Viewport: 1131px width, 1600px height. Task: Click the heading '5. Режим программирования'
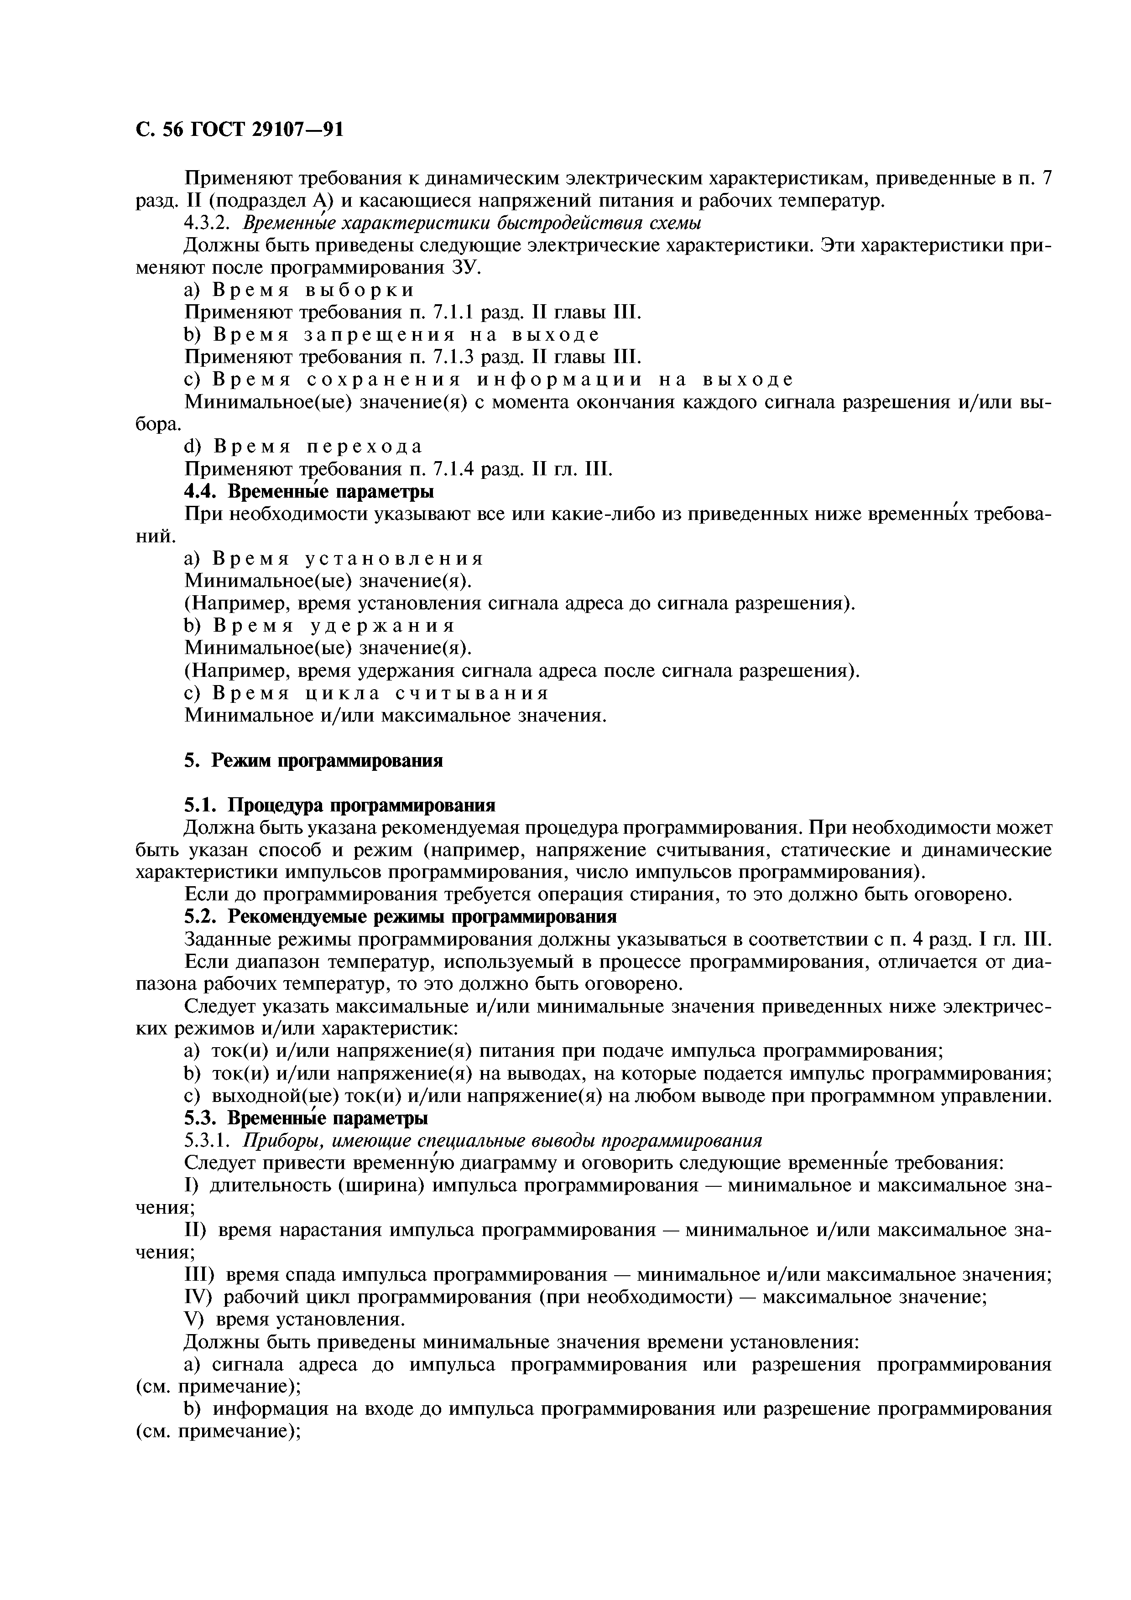tap(313, 760)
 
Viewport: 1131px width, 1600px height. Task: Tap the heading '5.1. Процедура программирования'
tap(339, 805)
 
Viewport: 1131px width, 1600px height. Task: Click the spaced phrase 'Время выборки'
tap(313, 290)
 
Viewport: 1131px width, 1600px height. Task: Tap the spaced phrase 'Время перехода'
tap(318, 447)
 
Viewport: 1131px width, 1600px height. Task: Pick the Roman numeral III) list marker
tap(200, 1275)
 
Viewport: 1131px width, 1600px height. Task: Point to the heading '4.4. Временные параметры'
tap(309, 492)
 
